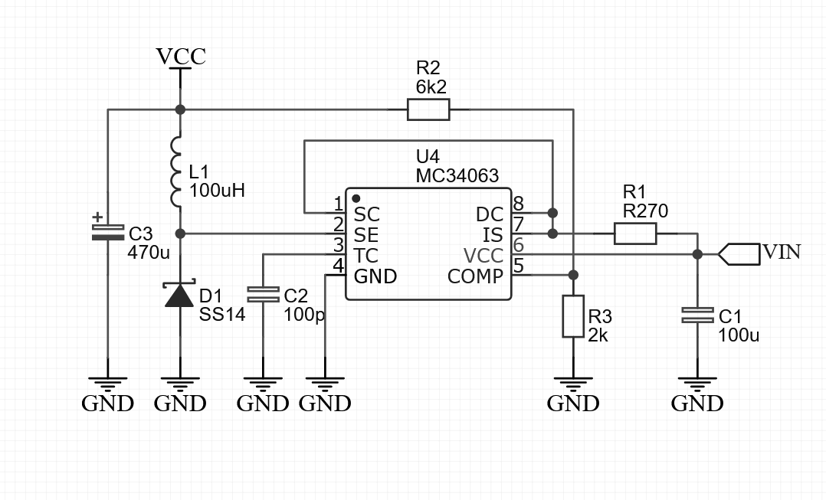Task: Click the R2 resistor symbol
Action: [428, 109]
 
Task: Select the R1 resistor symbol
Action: [635, 234]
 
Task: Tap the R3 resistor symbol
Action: [573, 316]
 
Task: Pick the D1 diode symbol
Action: [180, 295]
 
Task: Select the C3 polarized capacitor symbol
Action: [107, 231]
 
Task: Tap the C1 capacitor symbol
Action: [697, 315]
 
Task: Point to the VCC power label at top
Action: [181, 57]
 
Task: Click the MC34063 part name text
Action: [457, 177]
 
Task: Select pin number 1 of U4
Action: [338, 204]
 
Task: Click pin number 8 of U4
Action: [518, 204]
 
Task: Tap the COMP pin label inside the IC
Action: [475, 276]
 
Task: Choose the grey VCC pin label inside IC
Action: [483, 255]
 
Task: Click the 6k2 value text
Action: [431, 87]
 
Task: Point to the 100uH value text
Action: [217, 191]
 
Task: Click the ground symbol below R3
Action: [573, 383]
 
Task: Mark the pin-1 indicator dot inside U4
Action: [356, 198]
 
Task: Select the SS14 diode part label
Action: [222, 314]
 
